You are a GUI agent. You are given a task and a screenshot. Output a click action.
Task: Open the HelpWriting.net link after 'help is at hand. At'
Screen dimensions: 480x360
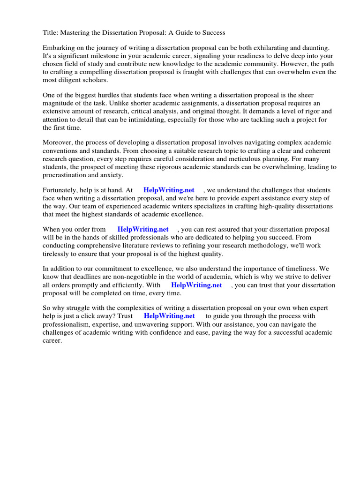(169, 190)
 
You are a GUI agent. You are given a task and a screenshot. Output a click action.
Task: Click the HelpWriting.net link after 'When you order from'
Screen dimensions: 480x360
(143, 230)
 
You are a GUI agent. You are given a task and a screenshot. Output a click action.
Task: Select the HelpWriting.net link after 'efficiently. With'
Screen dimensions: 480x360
(196, 285)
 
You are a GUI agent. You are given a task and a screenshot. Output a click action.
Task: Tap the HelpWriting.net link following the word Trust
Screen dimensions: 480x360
(169, 316)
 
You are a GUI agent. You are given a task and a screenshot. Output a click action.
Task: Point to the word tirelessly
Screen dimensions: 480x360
(58, 254)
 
